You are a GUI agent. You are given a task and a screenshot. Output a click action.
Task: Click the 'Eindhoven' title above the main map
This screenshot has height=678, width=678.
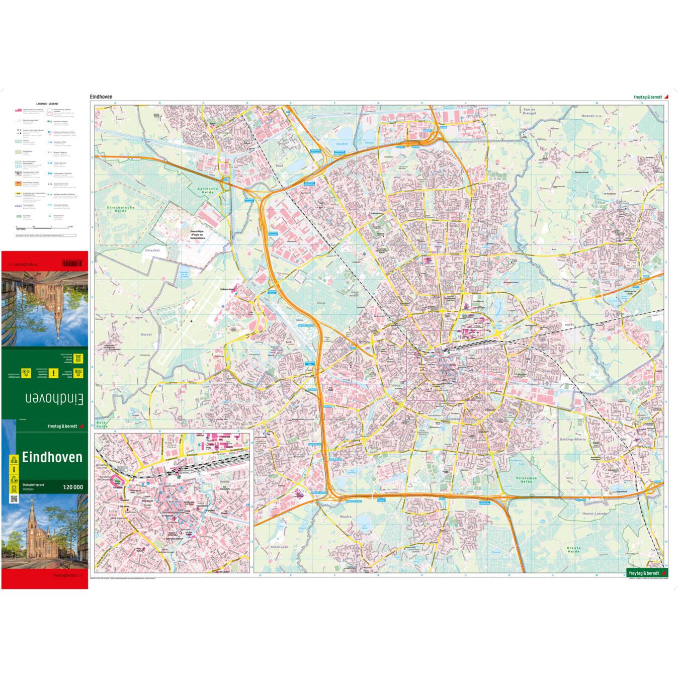click(101, 97)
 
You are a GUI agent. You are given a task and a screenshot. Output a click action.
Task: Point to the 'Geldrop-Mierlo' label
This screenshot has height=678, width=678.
click(573, 439)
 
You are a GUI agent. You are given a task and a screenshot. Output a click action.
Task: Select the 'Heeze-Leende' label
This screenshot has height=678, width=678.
click(595, 514)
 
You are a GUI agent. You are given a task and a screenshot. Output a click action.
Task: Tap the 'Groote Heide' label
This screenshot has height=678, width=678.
click(573, 549)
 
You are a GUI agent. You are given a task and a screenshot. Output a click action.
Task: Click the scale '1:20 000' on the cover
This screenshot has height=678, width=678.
click(73, 487)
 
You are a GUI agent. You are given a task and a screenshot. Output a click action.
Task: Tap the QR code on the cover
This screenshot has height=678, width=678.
click(13, 499)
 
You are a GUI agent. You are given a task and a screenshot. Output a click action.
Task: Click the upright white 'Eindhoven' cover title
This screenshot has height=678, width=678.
click(52, 458)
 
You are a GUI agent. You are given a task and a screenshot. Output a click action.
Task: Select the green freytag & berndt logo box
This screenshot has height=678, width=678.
click(647, 573)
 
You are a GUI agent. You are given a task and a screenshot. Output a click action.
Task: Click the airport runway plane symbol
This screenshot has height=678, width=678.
click(192, 320)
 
